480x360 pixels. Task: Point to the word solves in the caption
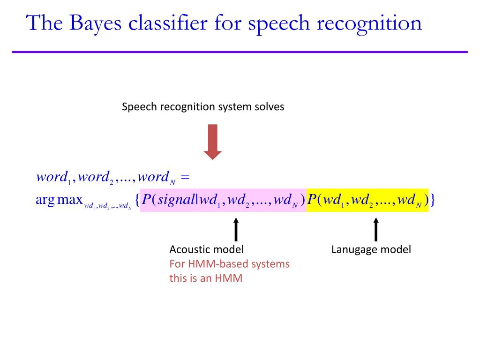pos(269,107)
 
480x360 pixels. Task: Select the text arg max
pos(59,200)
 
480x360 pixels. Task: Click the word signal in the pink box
pos(179,200)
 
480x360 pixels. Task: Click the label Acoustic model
pos(206,249)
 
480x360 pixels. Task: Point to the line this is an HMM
pos(206,278)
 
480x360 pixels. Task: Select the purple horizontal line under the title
pos(240,52)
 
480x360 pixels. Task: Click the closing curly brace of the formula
pos(433,200)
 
